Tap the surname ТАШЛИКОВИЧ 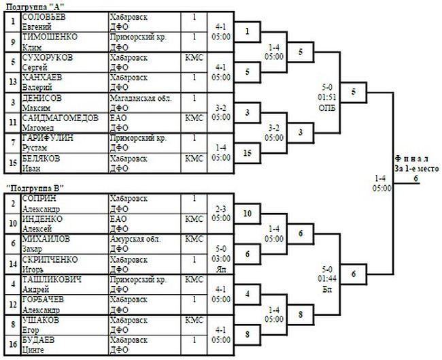52,280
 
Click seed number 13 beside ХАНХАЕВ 12,82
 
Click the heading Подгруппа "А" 33,5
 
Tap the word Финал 409,159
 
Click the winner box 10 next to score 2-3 248,214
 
